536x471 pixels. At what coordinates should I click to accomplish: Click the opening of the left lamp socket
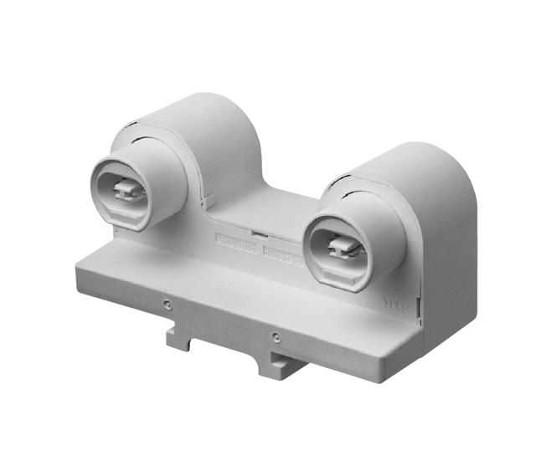[x=120, y=193]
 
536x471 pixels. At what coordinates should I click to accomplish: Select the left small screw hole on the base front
[x=168, y=304]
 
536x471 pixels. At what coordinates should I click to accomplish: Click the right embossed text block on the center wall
[x=280, y=252]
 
